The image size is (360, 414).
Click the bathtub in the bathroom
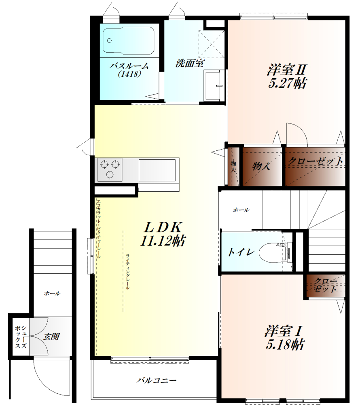[128, 41]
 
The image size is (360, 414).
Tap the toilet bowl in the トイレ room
[272, 252]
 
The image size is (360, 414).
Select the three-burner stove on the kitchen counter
[110, 169]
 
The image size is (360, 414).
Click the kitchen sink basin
[157, 170]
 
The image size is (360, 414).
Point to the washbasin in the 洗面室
[214, 85]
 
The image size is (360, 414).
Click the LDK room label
[163, 227]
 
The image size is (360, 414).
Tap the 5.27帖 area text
[287, 84]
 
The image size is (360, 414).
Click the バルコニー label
[157, 380]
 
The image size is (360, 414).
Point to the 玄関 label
[52, 337]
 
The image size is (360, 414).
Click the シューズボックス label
[21, 337]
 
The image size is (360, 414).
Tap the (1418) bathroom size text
[129, 74]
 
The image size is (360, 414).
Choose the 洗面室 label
[190, 63]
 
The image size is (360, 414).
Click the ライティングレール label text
[127, 272]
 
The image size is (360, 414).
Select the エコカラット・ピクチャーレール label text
[99, 228]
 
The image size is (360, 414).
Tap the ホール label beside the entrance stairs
[52, 294]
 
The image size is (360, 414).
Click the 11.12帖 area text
[163, 241]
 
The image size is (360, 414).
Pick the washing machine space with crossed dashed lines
[211, 44]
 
